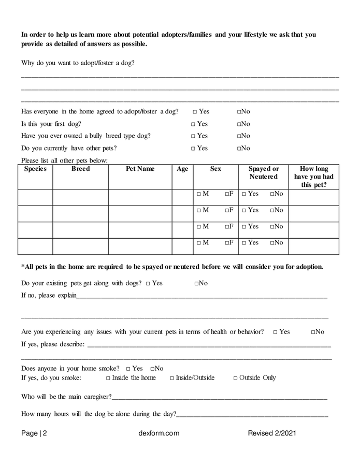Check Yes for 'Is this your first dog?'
[193, 124]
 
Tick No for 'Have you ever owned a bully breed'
[240, 136]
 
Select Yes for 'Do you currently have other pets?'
[193, 149]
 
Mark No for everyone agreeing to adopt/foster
[240, 112]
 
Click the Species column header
[35, 169]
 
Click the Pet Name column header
[140, 169]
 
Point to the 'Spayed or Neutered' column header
[263, 173]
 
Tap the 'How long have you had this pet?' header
[313, 177]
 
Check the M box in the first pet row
[199, 194]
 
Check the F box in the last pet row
[227, 243]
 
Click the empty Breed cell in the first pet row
[80, 197]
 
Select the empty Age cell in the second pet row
[182, 213]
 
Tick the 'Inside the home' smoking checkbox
[108, 378]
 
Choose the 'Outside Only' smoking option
[236, 378]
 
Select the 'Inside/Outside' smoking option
[172, 378]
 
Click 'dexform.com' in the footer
[159, 433]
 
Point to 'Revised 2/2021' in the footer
[272, 433]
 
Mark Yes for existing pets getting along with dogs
[148, 284]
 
